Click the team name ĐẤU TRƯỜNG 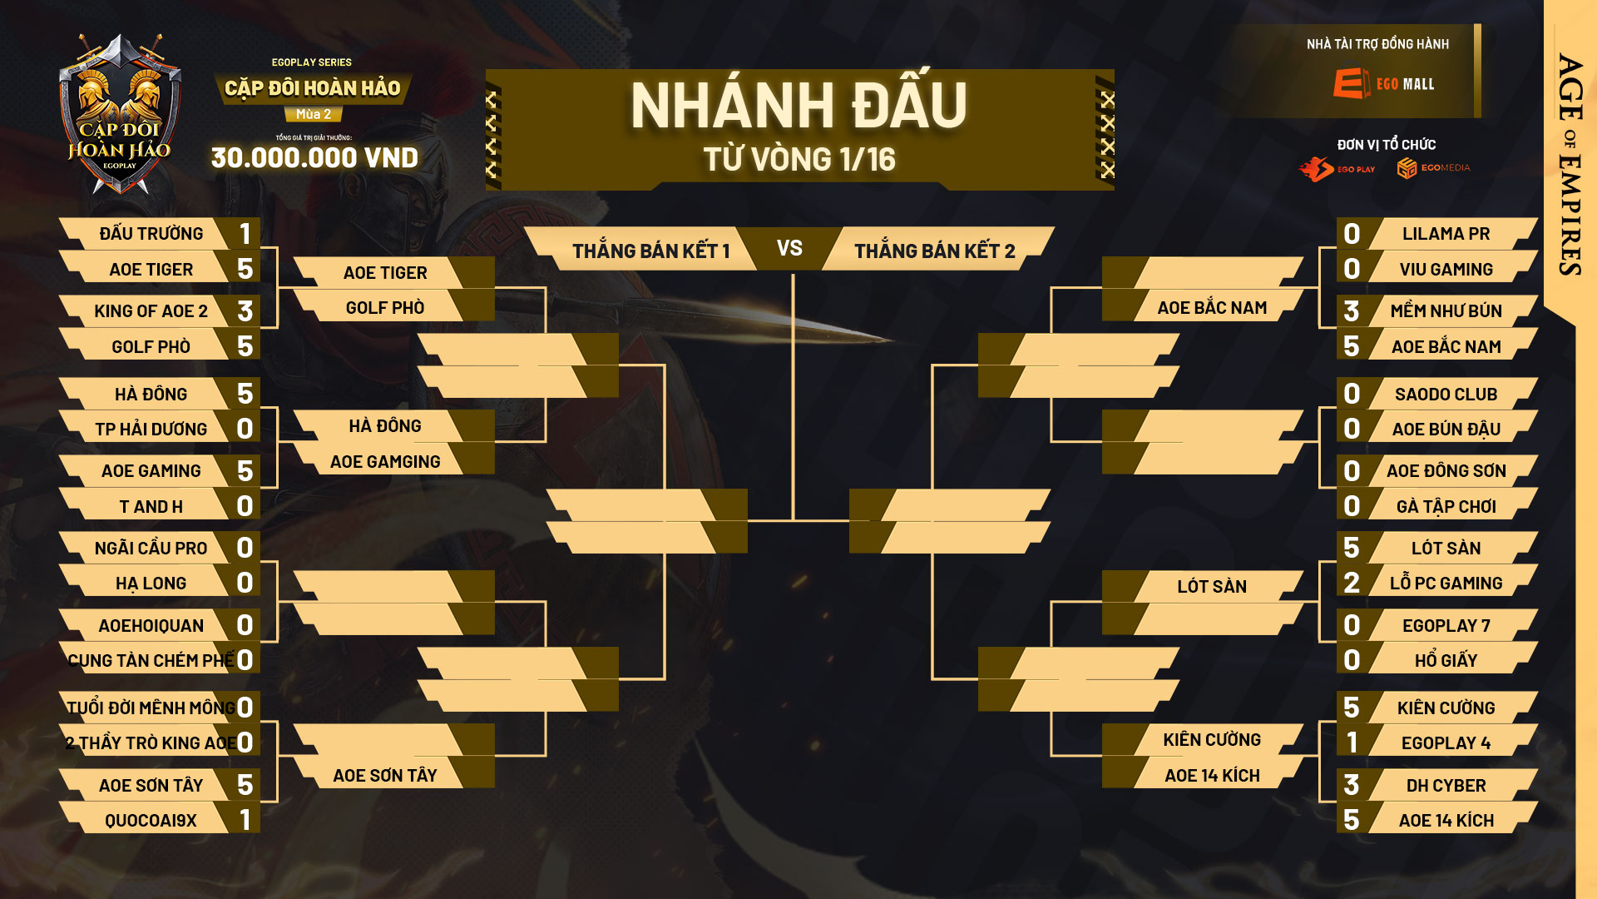(x=151, y=234)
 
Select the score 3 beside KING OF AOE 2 (x=245, y=311)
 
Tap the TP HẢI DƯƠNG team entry (x=151, y=430)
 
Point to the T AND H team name (x=151, y=507)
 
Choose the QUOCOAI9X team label (x=151, y=821)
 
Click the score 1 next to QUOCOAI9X (x=245, y=820)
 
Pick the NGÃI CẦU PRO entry (x=151, y=549)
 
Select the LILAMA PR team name (x=1446, y=234)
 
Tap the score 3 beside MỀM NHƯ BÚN (x=1352, y=311)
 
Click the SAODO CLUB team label (x=1446, y=395)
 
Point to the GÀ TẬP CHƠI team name (x=1446, y=507)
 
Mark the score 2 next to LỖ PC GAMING (x=1352, y=583)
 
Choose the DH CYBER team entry (x=1446, y=786)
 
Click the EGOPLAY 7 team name (x=1446, y=626)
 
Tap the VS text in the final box (x=789, y=248)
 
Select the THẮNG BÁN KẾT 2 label (x=935, y=251)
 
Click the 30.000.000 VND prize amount (x=314, y=157)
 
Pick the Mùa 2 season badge (x=314, y=114)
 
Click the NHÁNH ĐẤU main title (x=798, y=106)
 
